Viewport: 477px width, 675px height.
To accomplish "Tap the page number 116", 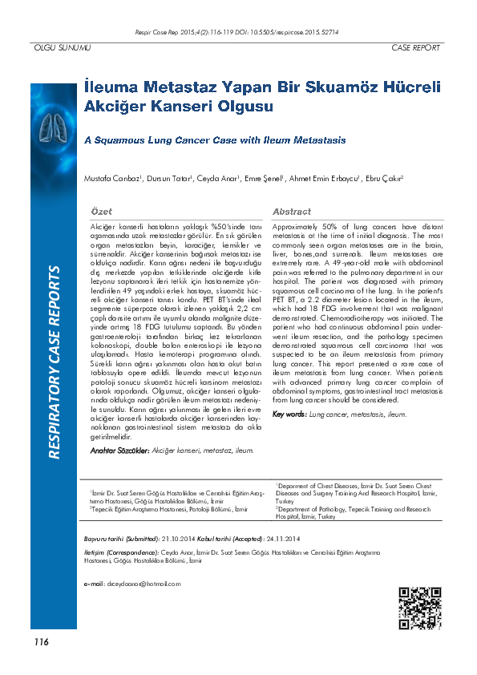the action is coord(41,641).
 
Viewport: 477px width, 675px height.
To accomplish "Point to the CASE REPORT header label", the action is coord(415,48).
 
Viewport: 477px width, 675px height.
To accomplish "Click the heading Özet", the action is coord(101,212).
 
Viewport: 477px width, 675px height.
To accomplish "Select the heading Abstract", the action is coord(292,212).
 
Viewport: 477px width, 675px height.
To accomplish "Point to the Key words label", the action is coord(289,414).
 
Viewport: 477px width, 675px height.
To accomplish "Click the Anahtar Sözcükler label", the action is coord(119,451).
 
